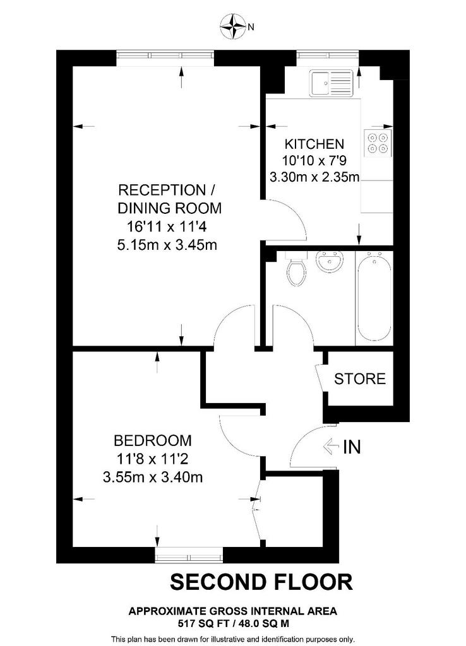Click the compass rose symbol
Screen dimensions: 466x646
point(233,26)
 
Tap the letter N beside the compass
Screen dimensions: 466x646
point(250,27)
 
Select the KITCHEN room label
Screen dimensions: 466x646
point(314,144)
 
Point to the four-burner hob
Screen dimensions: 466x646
point(378,143)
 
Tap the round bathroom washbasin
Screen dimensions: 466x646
point(329,262)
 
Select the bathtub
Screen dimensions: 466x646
point(374,298)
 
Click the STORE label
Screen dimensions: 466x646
point(360,379)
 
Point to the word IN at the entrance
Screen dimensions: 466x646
point(352,447)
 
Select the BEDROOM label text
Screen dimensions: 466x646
point(153,440)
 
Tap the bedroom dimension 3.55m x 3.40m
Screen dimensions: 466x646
point(153,478)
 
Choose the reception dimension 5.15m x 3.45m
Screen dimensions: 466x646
point(167,245)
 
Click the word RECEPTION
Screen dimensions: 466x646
point(162,191)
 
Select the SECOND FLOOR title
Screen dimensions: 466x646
point(261,582)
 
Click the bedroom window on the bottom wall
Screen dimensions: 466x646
point(189,555)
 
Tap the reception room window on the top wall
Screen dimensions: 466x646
point(165,57)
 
